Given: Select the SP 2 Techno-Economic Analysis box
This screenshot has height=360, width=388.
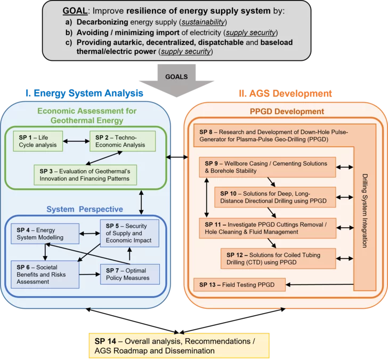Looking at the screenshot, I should point(123,141).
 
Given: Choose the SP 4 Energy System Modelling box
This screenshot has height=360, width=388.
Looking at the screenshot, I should point(44,233).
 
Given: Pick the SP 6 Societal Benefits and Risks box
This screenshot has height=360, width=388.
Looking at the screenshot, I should point(45,274).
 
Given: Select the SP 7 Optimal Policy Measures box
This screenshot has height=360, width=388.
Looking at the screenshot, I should point(131,274).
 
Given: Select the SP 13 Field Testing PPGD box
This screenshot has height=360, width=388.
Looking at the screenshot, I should point(239,284).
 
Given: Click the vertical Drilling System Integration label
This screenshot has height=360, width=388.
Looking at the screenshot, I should point(365,211).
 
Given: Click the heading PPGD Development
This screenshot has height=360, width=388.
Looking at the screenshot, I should point(287,111).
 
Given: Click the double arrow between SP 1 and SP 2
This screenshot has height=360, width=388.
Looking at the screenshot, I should point(76,141).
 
